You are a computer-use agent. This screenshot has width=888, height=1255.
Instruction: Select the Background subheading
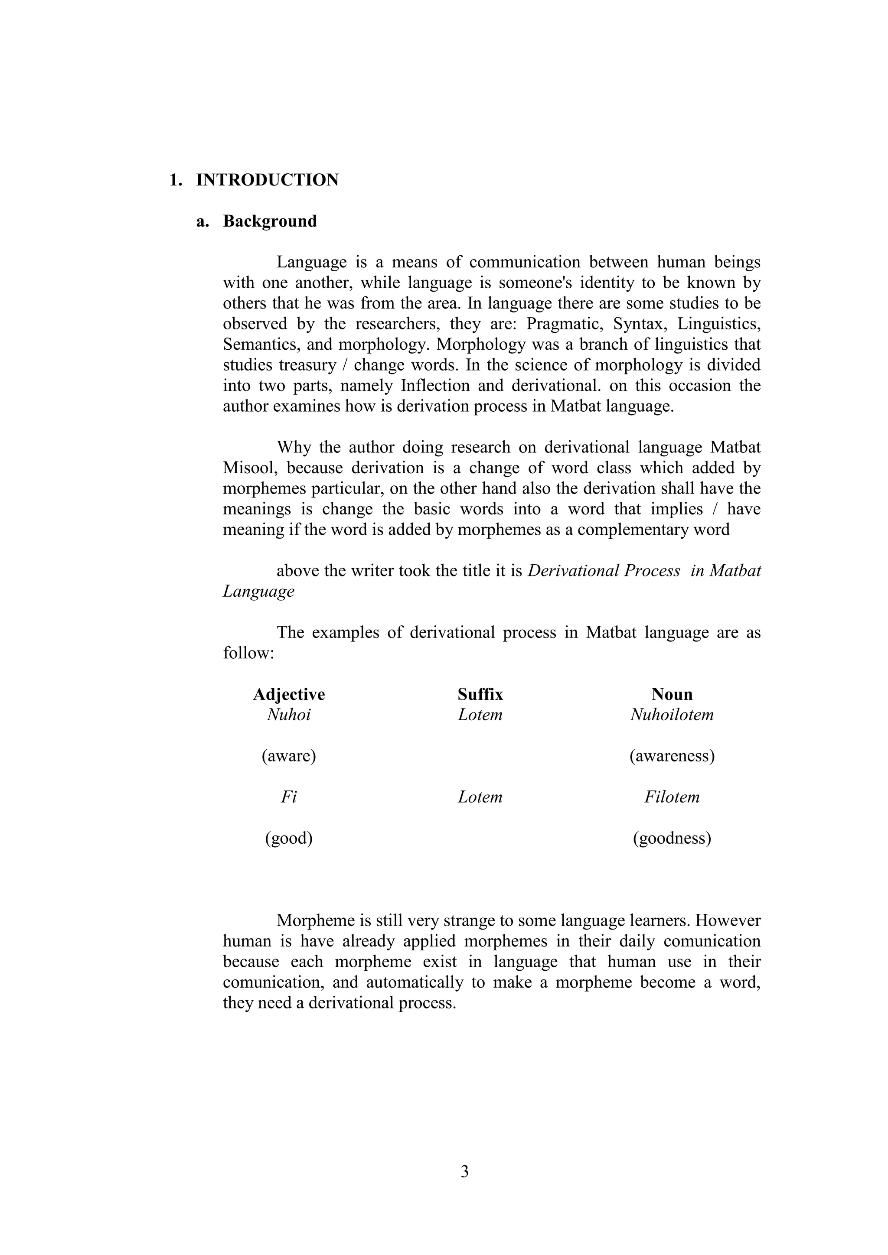270,221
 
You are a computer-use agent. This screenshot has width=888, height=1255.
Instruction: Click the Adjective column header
289,694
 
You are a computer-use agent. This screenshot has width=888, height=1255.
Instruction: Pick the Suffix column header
480,694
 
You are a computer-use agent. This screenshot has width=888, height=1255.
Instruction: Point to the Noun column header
672,694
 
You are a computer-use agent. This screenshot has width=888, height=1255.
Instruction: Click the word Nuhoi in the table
289,715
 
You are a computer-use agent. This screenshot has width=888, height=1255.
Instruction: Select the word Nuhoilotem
672,715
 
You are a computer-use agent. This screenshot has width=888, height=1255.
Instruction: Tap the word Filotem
672,797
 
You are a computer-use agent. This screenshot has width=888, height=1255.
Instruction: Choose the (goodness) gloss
672,838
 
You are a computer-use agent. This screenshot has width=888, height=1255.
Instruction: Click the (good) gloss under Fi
289,838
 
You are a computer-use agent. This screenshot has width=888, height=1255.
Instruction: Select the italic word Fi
289,797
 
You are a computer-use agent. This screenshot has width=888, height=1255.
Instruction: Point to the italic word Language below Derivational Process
258,592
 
